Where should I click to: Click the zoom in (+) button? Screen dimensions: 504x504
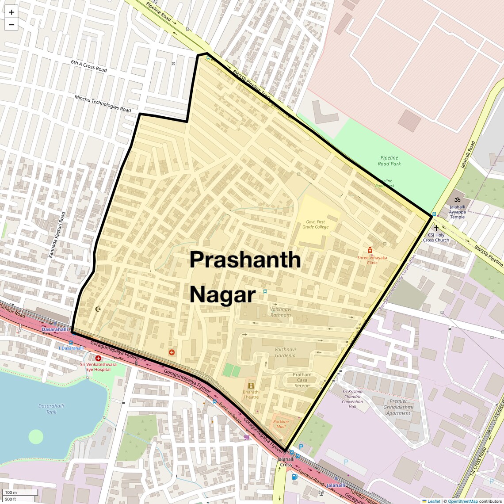tap(11, 12)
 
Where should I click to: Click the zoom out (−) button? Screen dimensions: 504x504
tap(11, 25)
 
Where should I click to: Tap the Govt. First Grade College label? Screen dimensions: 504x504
tap(315, 224)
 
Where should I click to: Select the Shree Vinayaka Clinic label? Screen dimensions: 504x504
tap(372, 260)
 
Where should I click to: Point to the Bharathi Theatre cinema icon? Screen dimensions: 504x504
tap(251, 386)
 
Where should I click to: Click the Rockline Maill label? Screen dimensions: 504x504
tap(281, 424)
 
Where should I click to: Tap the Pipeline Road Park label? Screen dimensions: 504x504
tap(389, 160)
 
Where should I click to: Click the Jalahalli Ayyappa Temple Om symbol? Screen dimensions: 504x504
tap(458, 199)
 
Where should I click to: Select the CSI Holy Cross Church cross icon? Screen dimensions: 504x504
tap(436, 228)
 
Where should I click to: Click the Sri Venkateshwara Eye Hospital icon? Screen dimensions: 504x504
tap(98, 358)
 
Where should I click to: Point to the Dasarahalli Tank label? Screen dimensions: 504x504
tap(51, 409)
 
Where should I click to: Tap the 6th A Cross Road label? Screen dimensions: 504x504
tap(89, 66)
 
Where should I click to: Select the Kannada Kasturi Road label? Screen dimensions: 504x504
tap(57, 235)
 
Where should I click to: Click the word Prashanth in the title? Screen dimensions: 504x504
tap(245, 260)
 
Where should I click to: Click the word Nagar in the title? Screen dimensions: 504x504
tap(222, 295)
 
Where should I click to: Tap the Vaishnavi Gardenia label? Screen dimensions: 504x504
tap(285, 352)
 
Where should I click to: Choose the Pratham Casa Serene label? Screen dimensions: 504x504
tap(302, 380)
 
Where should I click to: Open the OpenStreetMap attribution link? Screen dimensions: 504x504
tap(462, 501)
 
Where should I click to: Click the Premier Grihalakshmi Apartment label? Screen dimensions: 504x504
tap(398, 407)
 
